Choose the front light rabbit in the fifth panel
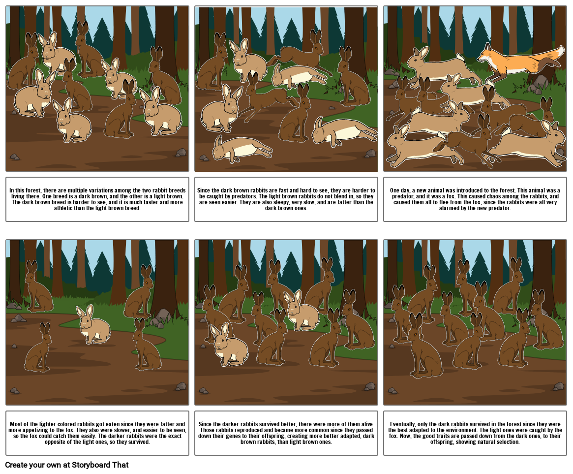tap(228, 345)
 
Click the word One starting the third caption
tap(395, 190)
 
